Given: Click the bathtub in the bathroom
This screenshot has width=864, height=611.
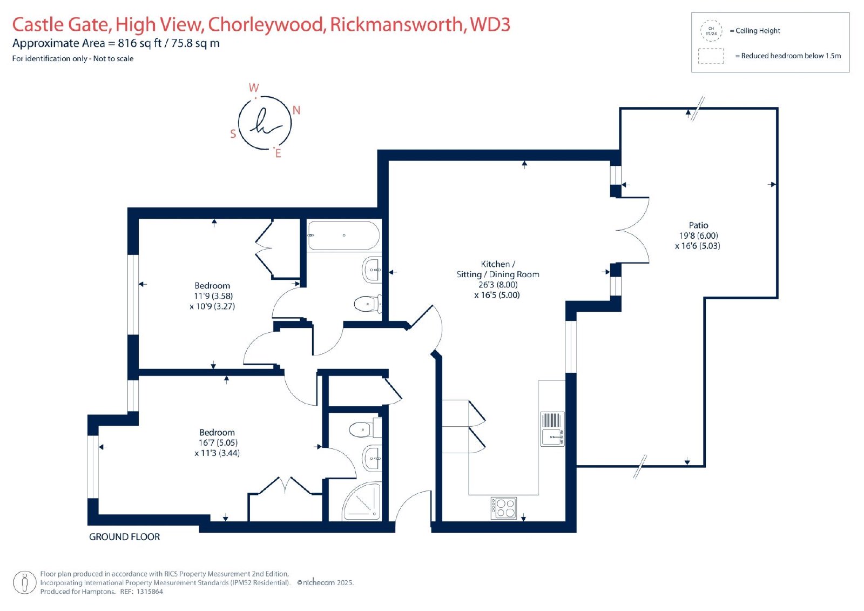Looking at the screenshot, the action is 343,236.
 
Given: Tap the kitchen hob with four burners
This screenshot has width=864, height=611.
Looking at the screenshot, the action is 504,508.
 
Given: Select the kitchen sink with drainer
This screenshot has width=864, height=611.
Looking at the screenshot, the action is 552,429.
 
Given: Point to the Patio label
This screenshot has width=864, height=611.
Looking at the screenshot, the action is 699,225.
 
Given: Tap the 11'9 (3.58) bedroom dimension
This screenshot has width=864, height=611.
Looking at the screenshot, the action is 213,296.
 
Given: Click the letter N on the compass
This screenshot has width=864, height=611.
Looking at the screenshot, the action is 296,110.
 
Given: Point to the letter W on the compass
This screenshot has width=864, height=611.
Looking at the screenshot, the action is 254,88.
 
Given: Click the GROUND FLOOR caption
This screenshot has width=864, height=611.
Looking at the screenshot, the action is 124,536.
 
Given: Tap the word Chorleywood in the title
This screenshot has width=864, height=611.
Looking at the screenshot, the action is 266,24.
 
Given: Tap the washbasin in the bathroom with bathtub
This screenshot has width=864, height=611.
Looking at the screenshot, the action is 372,270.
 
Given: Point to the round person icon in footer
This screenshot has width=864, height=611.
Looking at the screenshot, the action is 25,582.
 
